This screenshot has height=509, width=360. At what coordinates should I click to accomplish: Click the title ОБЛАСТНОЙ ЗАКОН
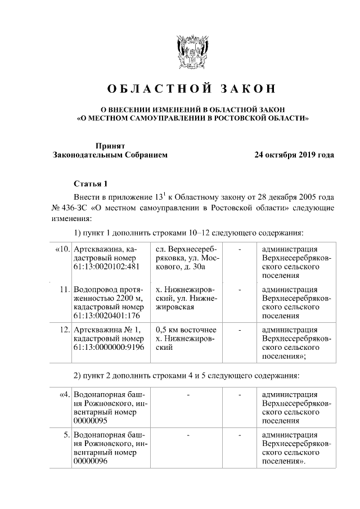click(x=191, y=89)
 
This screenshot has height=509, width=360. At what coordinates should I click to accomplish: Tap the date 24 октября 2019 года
click(x=294, y=155)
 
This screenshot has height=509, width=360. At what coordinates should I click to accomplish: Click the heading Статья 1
click(x=89, y=184)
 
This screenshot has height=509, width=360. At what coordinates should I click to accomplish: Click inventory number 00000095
click(x=89, y=420)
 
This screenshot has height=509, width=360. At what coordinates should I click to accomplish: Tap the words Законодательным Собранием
click(x=110, y=155)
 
